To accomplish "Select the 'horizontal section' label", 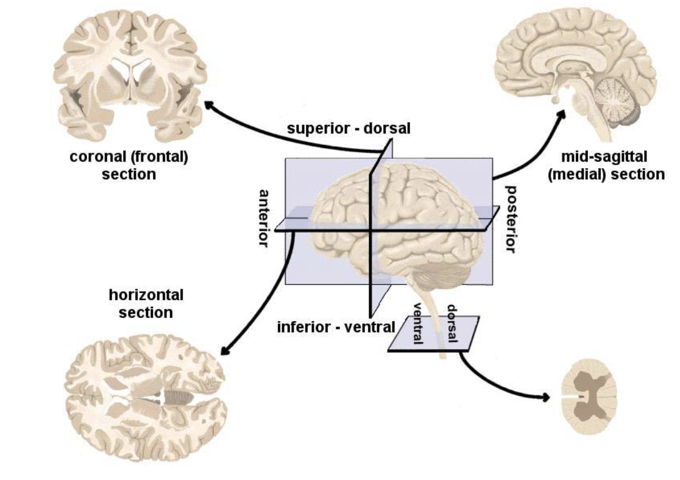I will [x=146, y=303].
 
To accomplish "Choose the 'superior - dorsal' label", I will [x=349, y=129].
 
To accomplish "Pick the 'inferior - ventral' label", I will [x=336, y=327].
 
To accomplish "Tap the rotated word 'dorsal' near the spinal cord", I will [x=452, y=325].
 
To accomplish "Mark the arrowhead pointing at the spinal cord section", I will [x=544, y=398].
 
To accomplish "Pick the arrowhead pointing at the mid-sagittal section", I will [x=562, y=113].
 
